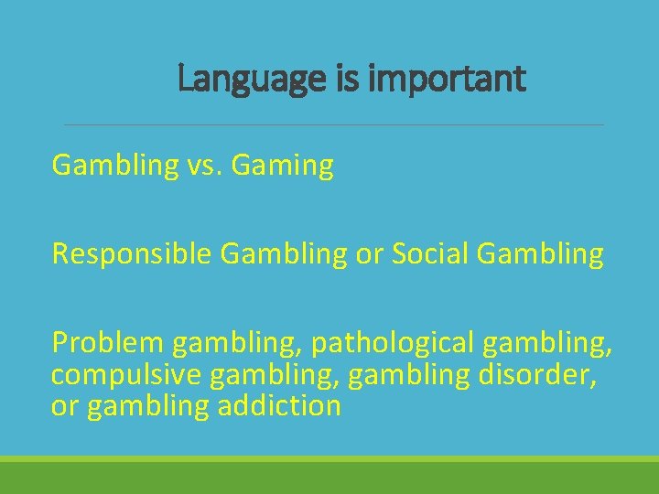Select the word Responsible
tap(132, 254)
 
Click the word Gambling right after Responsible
tap(277, 254)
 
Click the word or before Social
tap(372, 254)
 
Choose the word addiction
tap(279, 406)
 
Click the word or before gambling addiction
tap(64, 406)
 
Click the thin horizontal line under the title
tap(333, 124)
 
